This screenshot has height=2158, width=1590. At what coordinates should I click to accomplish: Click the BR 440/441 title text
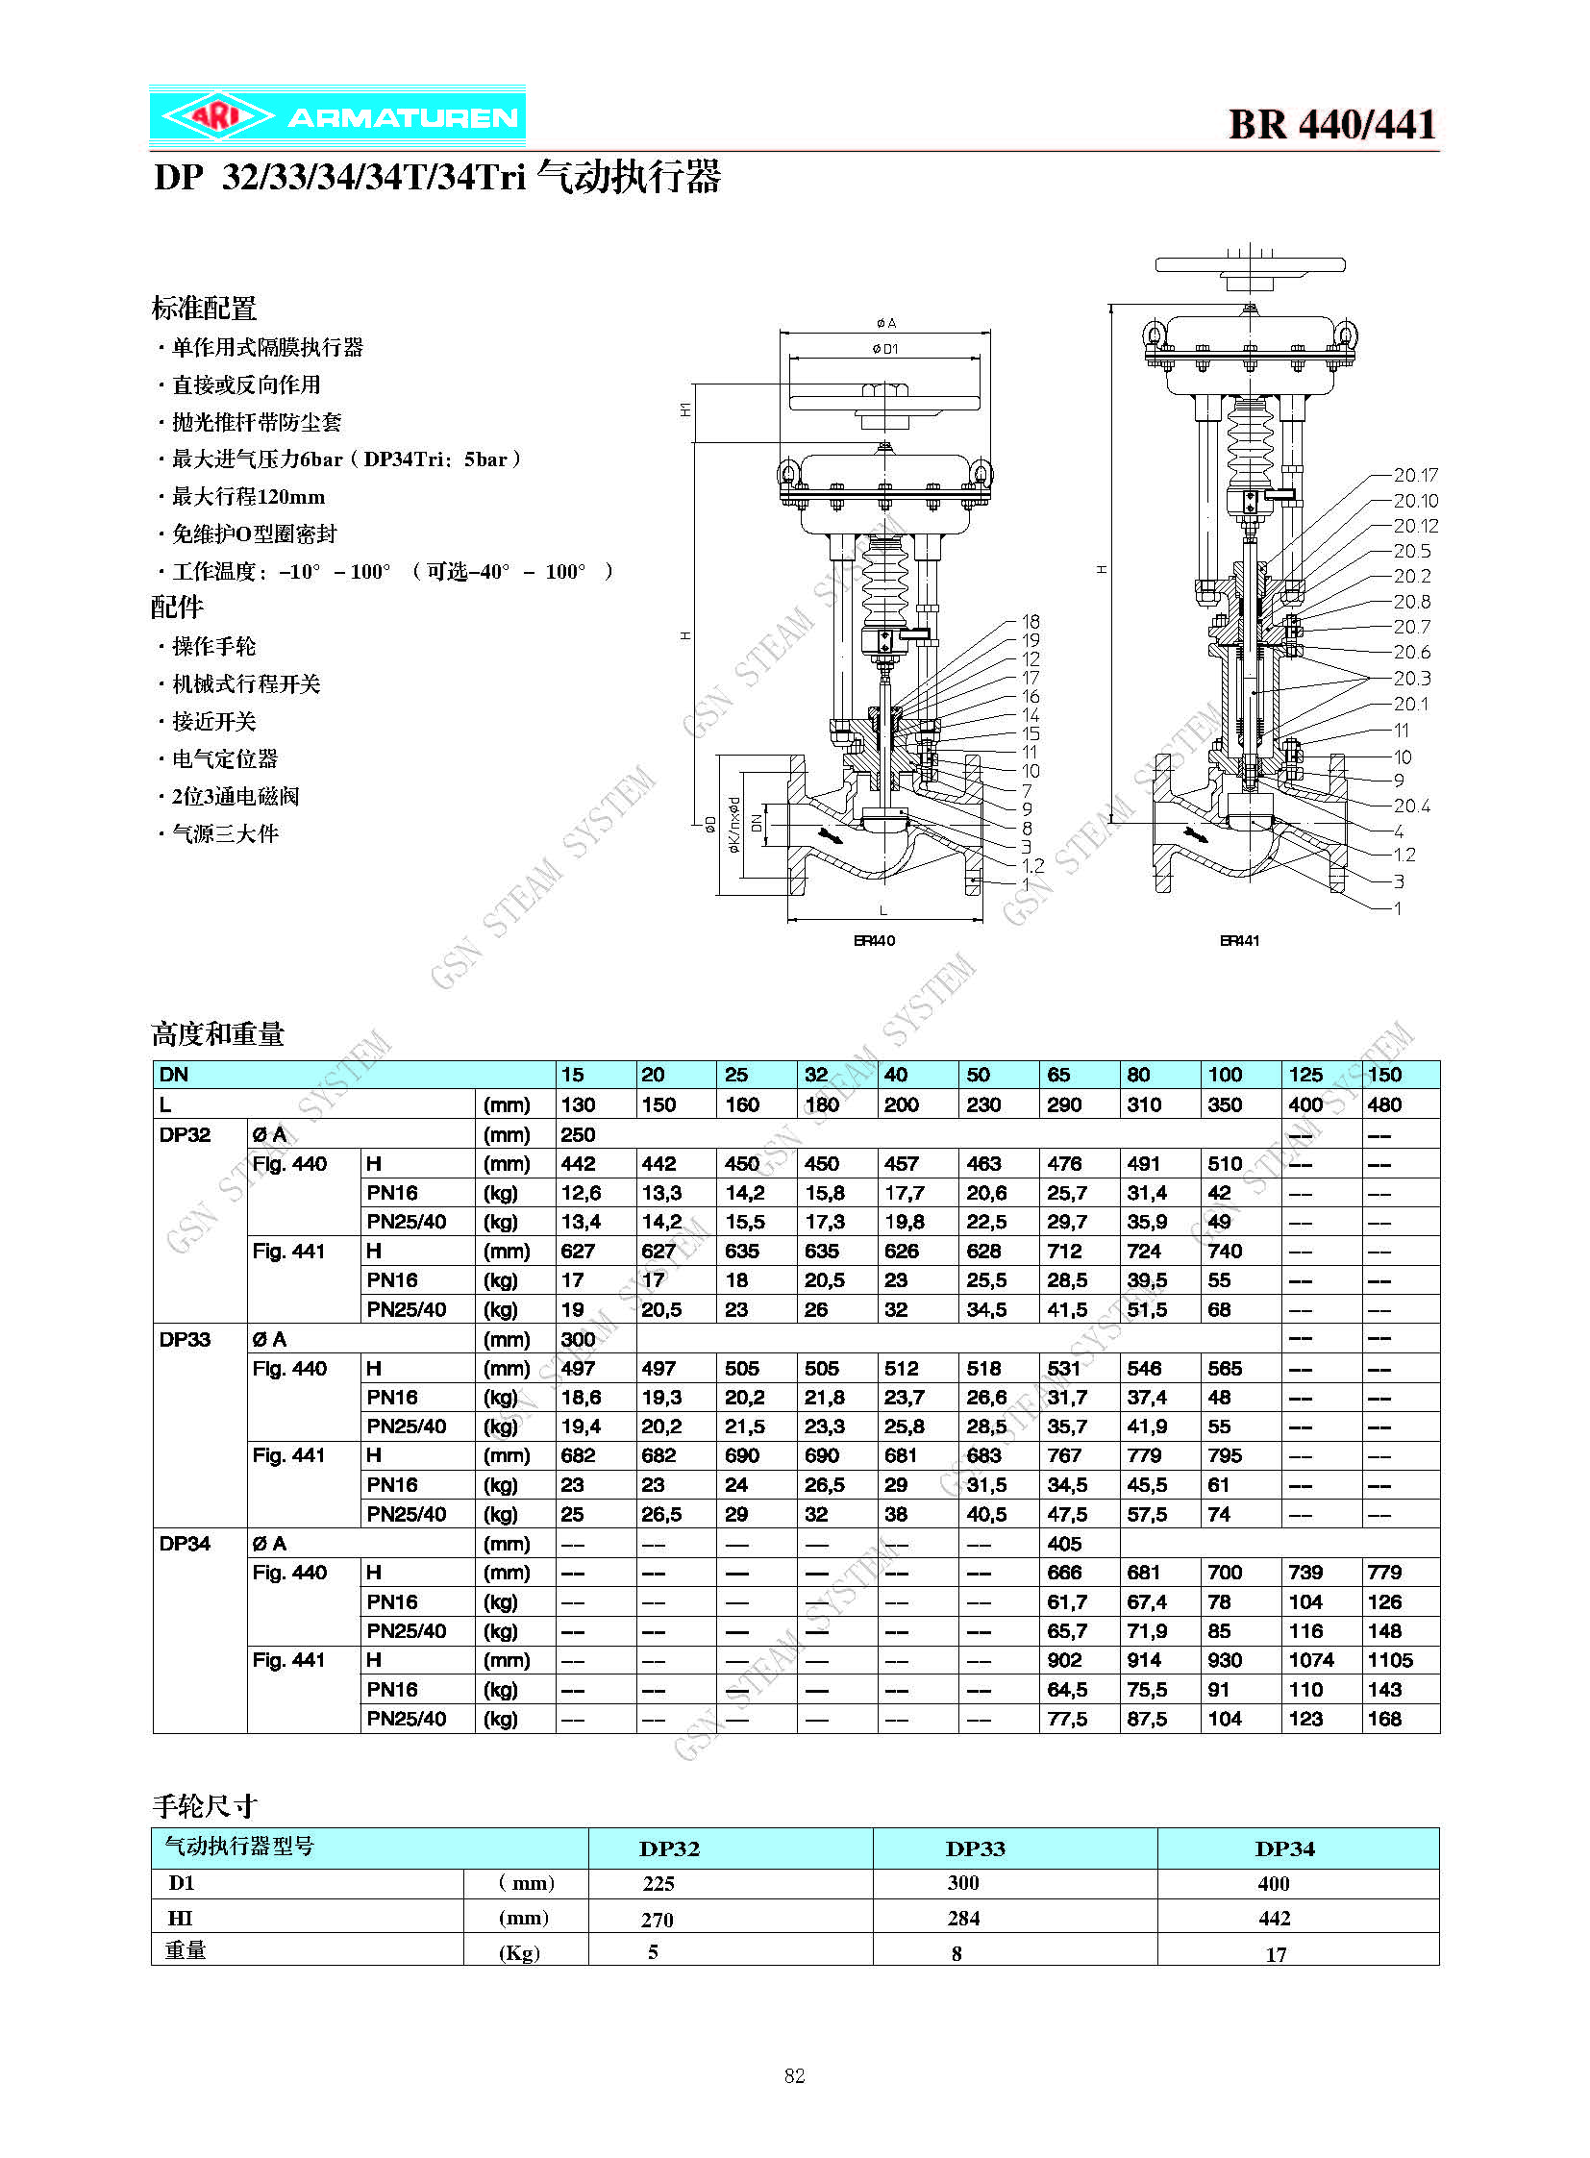click(1332, 125)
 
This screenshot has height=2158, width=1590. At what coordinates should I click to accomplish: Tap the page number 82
click(794, 2075)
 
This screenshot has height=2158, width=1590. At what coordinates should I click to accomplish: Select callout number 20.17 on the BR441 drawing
click(1415, 476)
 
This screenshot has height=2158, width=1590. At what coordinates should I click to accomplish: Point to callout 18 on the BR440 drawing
click(1030, 622)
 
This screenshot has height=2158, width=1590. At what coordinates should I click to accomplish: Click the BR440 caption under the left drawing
click(874, 940)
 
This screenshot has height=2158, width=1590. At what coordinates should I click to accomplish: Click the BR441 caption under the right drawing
click(1239, 940)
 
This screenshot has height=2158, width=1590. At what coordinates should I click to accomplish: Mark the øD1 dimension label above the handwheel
click(884, 348)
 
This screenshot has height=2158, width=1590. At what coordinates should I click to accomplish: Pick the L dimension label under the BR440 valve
click(883, 910)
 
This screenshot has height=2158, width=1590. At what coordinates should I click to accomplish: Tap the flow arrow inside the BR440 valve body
click(828, 833)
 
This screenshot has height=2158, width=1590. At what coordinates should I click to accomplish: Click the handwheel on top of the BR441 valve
click(1250, 265)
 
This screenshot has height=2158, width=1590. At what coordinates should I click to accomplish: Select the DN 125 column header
click(1305, 1074)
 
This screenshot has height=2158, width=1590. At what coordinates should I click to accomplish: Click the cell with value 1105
click(1390, 1660)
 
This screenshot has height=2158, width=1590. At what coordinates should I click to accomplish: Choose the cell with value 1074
click(1311, 1660)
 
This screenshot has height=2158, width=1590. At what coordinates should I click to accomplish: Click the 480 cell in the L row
click(1384, 1104)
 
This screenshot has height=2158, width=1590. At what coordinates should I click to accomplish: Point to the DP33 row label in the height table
click(185, 1339)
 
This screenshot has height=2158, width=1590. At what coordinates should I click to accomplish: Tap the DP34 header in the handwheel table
click(1285, 1849)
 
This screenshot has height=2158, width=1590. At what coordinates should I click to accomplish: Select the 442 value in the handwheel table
click(1275, 1919)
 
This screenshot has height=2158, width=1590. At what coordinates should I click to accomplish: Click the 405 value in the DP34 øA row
click(1064, 1544)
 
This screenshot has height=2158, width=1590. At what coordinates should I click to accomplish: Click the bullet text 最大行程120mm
click(248, 498)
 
